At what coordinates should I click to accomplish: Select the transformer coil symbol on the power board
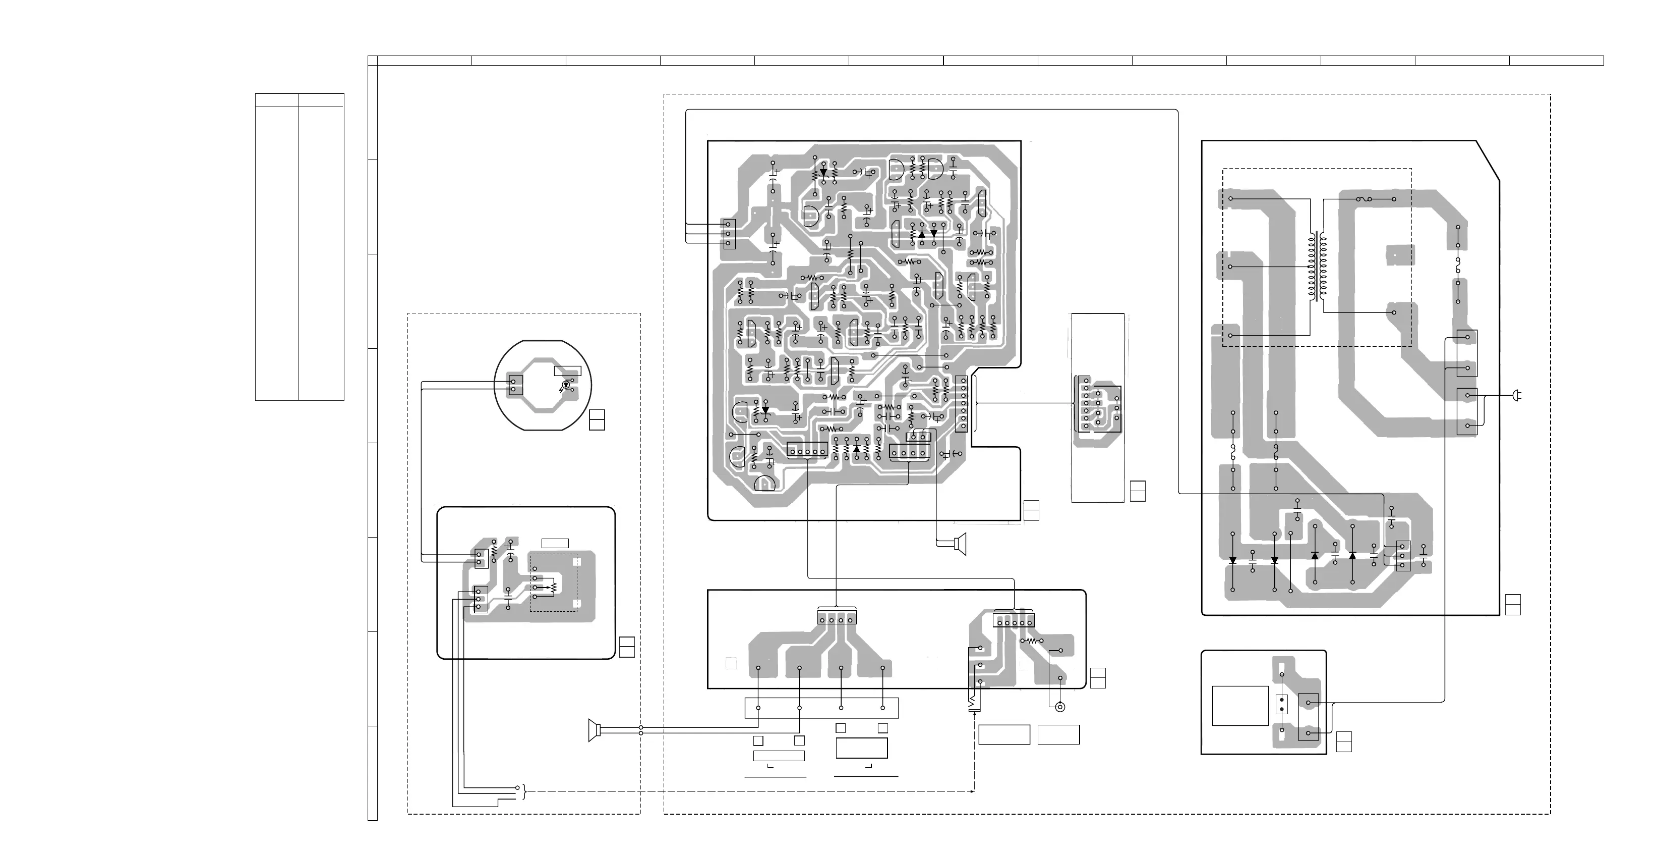[1317, 267]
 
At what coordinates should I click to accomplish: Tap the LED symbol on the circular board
[566, 385]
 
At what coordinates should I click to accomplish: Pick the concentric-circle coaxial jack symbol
[1060, 707]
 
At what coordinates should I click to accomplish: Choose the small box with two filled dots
[1281, 705]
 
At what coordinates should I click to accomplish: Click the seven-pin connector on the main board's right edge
[962, 404]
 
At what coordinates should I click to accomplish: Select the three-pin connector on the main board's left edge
[728, 234]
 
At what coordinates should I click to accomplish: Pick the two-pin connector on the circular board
[514, 385]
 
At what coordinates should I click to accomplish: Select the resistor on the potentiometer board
[494, 550]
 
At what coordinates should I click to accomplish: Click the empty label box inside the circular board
[567, 370]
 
